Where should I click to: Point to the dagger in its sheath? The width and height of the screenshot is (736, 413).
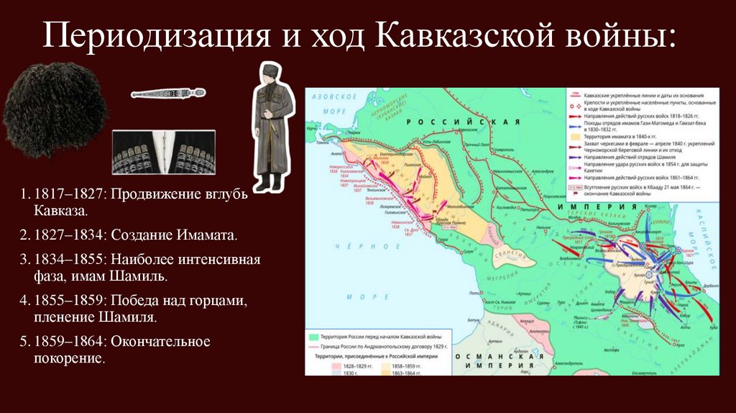(167, 93)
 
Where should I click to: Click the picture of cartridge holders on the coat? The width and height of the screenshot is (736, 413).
(163, 152)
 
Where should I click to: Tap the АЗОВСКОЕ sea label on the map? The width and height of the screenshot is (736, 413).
(330, 96)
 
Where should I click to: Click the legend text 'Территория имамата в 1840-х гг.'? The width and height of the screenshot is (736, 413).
(620, 135)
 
